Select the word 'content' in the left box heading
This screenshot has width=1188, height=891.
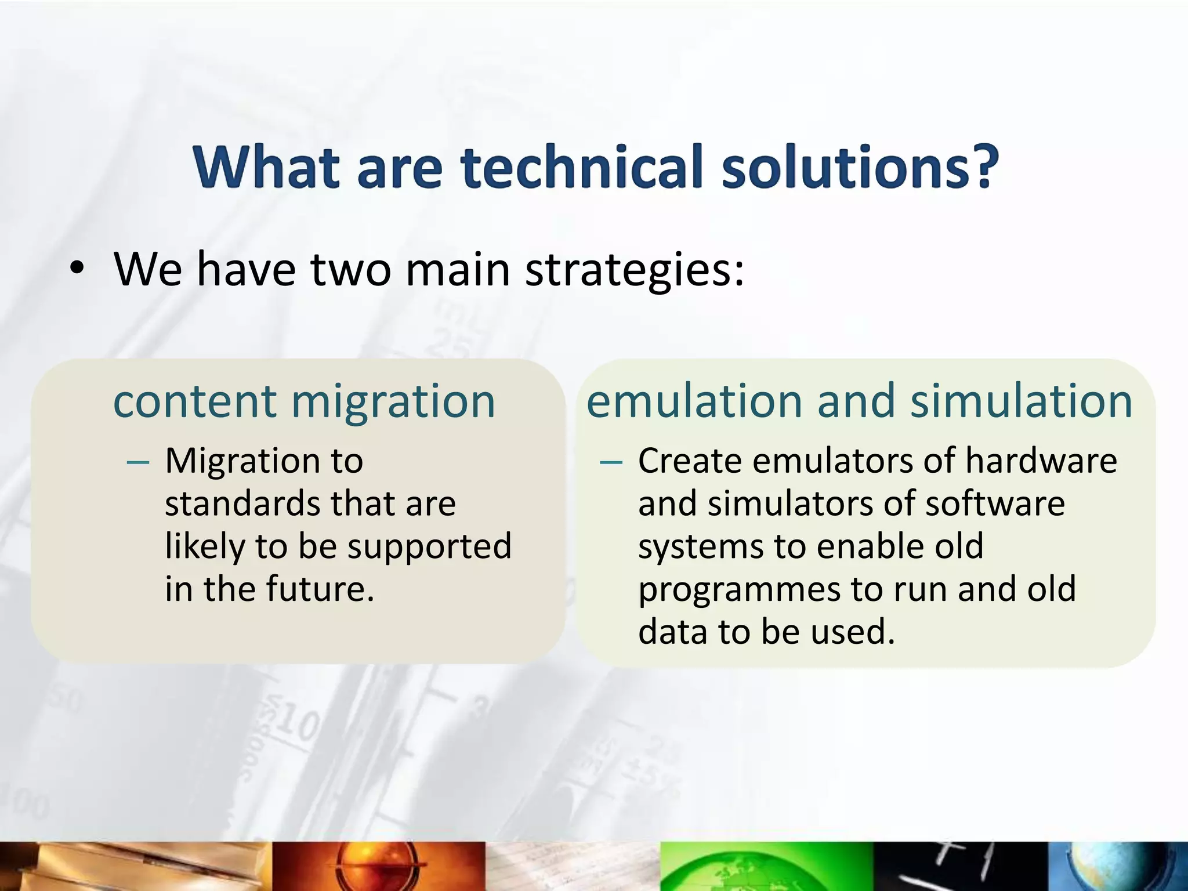[195, 401]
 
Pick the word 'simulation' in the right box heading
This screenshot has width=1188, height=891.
[1021, 401]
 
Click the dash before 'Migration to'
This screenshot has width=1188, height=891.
[138, 462]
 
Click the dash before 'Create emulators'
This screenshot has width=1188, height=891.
[611, 462]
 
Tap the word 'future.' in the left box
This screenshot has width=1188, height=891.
[320, 589]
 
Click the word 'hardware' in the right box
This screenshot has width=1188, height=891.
[1041, 461]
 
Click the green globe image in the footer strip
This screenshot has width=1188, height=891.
[766, 867]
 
